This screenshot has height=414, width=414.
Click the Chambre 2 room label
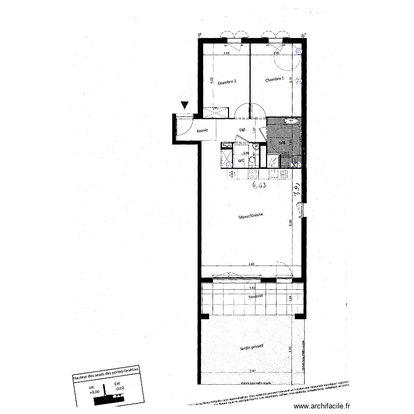227,82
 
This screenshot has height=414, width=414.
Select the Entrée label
203,131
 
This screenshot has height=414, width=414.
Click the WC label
241,161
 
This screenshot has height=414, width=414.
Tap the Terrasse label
254,296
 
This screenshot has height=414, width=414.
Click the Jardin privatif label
251,346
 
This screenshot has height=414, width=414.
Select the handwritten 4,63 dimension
259,186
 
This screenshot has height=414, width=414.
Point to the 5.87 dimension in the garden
253,371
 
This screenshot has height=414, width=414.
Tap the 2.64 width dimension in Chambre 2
226,53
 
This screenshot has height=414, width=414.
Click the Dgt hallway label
242,130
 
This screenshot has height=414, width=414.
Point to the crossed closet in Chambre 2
215,112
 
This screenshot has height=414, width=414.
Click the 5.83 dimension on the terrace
252,288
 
